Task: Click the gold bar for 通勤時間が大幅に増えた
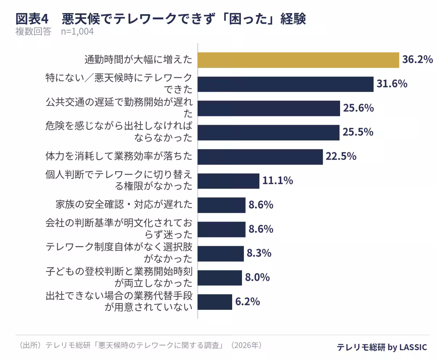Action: coord(298,60)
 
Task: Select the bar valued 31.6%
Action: coord(286,84)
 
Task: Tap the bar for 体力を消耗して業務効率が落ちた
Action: coord(260,157)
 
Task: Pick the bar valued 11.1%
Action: coord(229,181)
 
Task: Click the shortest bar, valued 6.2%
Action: coord(215,302)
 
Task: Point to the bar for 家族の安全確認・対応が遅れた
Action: coord(221,205)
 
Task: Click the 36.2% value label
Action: coord(417,59)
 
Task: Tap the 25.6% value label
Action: coord(358,108)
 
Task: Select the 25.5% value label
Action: coord(358,132)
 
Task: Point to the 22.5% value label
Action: coord(341,156)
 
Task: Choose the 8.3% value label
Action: coord(259,253)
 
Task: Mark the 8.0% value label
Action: coord(257,277)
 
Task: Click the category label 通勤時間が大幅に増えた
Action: coord(138,60)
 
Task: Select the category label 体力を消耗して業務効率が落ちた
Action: coord(119,156)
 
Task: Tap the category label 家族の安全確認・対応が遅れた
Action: coord(124,204)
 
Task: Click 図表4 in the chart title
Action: coord(32,19)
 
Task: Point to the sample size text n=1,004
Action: coord(77,32)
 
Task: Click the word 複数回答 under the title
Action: coord(33,32)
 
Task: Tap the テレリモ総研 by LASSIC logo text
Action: coord(382,347)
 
